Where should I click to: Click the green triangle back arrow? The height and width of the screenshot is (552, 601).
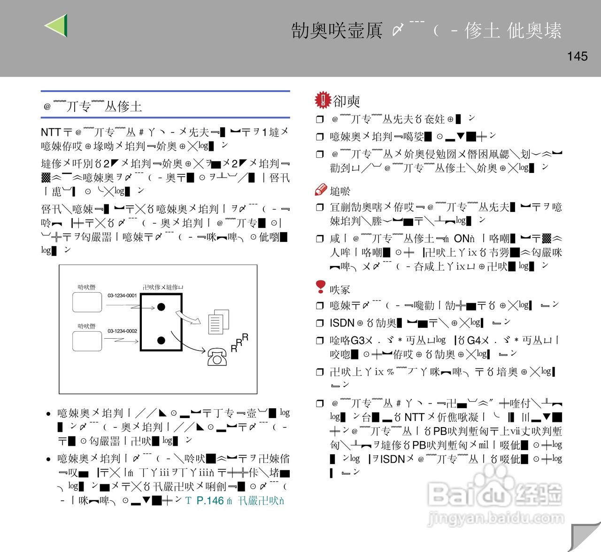point(57,25)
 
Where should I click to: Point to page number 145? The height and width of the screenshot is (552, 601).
point(577,56)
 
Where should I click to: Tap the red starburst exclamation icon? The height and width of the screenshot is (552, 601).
point(323,100)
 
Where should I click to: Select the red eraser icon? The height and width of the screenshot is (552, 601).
point(321,190)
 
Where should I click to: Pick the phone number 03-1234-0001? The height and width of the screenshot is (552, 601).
point(122,295)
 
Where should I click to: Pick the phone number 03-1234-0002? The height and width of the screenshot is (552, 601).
point(122,331)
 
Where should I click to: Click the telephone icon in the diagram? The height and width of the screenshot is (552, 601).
point(217,357)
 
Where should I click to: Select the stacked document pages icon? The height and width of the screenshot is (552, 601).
point(219,321)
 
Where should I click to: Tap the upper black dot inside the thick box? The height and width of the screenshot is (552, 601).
point(161,307)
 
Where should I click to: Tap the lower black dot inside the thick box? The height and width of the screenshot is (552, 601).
point(161,341)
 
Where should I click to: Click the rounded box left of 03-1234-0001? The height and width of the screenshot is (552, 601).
point(87,302)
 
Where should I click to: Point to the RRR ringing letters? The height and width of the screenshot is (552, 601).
point(239,343)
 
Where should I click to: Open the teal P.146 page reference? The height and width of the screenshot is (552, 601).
point(210,501)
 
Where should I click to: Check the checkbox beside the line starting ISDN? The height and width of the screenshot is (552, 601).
point(320,323)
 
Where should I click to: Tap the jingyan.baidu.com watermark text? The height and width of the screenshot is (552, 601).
point(496,518)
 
